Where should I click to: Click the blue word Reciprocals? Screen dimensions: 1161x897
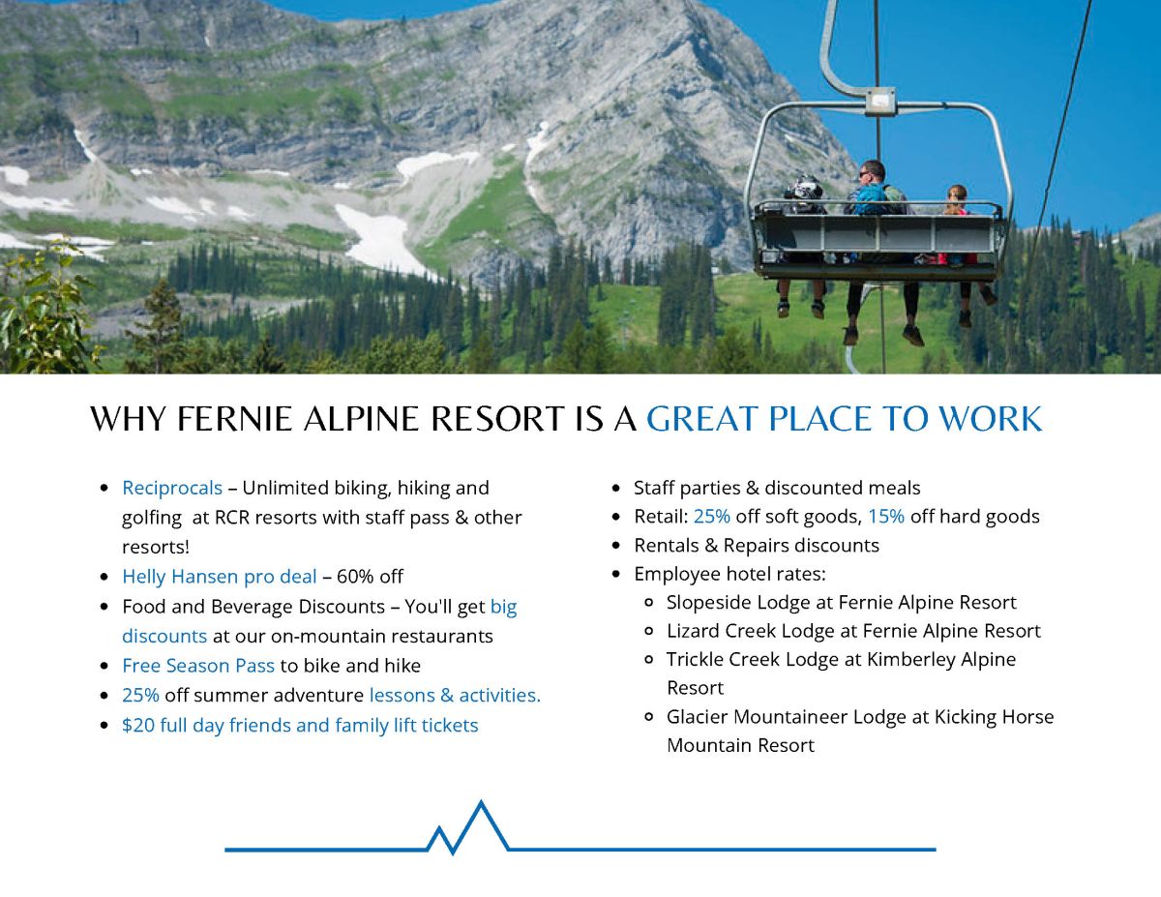coord(172,488)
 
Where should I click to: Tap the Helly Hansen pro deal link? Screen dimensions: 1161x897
coord(219,577)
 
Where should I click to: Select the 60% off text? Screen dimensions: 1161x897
coord(370,577)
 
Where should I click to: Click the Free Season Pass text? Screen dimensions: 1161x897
coord(198,666)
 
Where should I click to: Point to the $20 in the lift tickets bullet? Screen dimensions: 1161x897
coord(137,725)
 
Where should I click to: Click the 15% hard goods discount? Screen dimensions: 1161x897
coord(886,517)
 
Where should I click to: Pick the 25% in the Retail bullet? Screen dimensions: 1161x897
coord(712,517)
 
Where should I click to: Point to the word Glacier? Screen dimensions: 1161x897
coord(697,717)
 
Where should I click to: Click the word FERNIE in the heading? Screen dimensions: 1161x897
coord(234,418)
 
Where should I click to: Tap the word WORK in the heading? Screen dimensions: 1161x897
coord(990,418)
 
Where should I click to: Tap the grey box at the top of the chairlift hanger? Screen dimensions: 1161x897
coord(879,101)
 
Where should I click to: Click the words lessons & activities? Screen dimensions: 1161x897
coord(455,696)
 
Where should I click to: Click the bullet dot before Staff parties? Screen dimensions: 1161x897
coord(616,489)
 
